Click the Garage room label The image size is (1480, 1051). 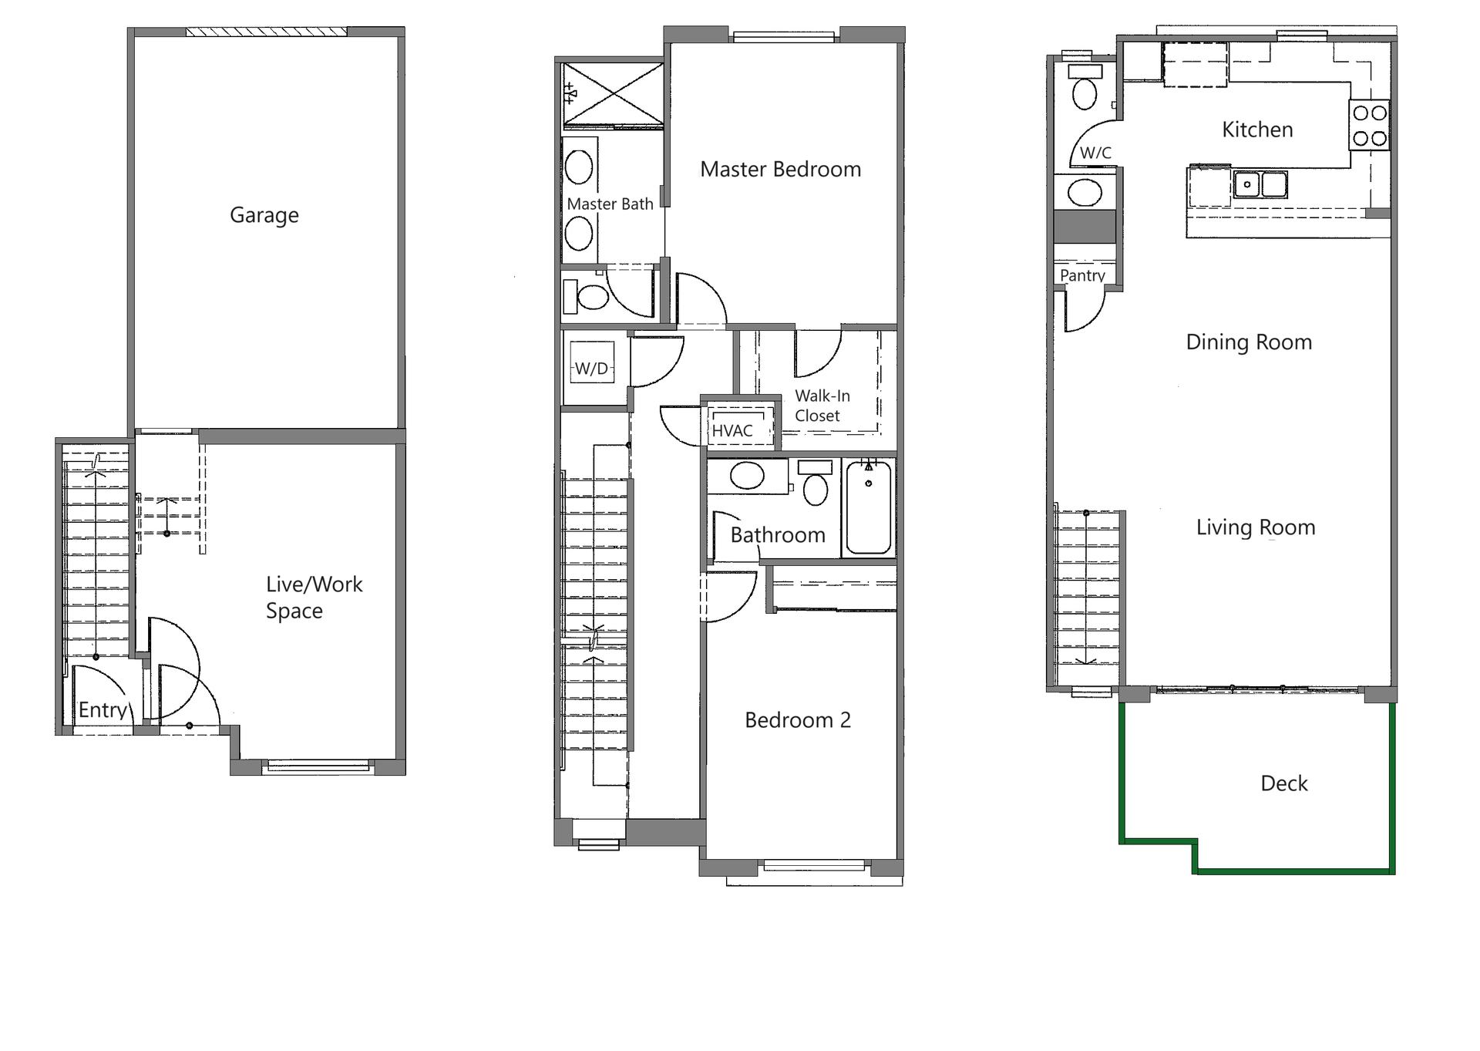264,215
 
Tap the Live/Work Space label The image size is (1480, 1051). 313,597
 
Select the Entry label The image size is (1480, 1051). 103,710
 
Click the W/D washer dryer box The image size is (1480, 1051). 592,368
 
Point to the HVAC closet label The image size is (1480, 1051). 732,431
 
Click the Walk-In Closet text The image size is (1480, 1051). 822,406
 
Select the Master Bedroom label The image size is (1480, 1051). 780,170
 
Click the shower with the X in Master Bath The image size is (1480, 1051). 613,94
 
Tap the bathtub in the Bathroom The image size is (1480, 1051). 869,507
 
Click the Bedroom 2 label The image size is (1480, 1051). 797,720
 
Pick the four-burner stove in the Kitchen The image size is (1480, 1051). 1370,126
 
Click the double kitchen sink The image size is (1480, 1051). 1260,185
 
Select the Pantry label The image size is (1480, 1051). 1082,275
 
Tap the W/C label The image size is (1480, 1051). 1095,153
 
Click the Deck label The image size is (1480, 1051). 1283,783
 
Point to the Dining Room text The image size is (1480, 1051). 1248,342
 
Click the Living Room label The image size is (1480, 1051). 1255,527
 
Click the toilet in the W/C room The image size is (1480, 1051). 1085,92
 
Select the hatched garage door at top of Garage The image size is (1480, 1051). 266,32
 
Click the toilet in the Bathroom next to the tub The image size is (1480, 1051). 816,486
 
